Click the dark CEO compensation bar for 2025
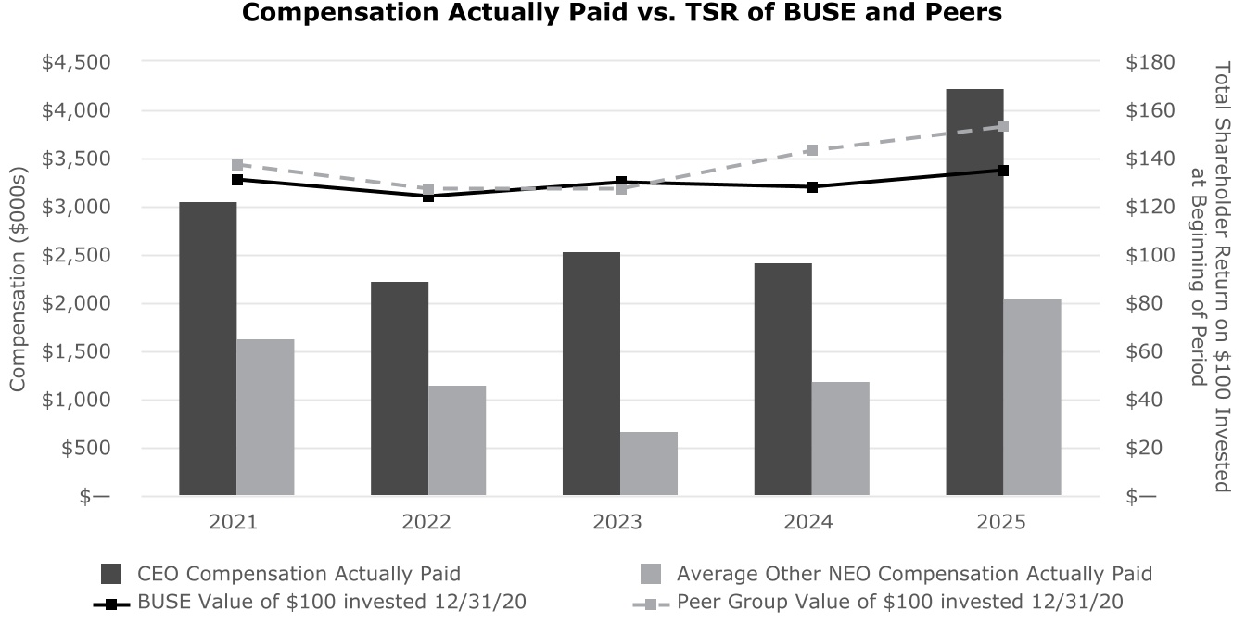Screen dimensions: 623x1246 point(974,292)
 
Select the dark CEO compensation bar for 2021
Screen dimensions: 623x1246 point(208,349)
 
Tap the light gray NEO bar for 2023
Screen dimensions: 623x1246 point(649,464)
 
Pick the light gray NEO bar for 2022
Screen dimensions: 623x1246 point(457,440)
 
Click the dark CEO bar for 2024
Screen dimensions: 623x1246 point(782,379)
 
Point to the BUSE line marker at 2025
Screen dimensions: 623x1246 point(1003,171)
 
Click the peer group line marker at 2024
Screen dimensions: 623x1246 point(811,150)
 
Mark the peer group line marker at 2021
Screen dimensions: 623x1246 point(236,165)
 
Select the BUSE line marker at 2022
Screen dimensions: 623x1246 point(428,196)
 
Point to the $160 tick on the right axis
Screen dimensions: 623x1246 point(1150,110)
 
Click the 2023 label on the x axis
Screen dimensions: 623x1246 point(618,522)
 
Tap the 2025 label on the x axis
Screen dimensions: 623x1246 point(1001,522)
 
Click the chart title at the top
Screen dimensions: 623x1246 point(622,14)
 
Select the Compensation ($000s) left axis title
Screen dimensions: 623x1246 point(18,279)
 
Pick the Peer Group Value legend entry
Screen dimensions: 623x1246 point(899,602)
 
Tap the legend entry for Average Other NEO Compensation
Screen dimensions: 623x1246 point(914,573)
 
